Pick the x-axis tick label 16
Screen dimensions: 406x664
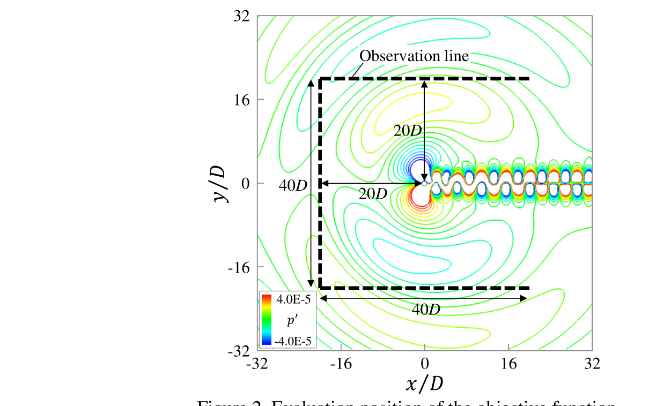508,364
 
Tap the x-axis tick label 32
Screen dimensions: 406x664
592,364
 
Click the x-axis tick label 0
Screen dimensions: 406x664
425,364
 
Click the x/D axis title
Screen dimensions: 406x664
425,383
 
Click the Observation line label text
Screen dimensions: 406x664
414,56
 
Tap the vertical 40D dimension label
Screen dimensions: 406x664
293,185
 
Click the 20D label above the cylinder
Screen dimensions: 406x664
408,130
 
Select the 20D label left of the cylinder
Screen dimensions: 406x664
373,194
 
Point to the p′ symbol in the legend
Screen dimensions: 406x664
293,321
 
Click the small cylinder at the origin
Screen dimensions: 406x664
424,183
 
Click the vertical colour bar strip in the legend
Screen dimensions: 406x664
267,319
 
